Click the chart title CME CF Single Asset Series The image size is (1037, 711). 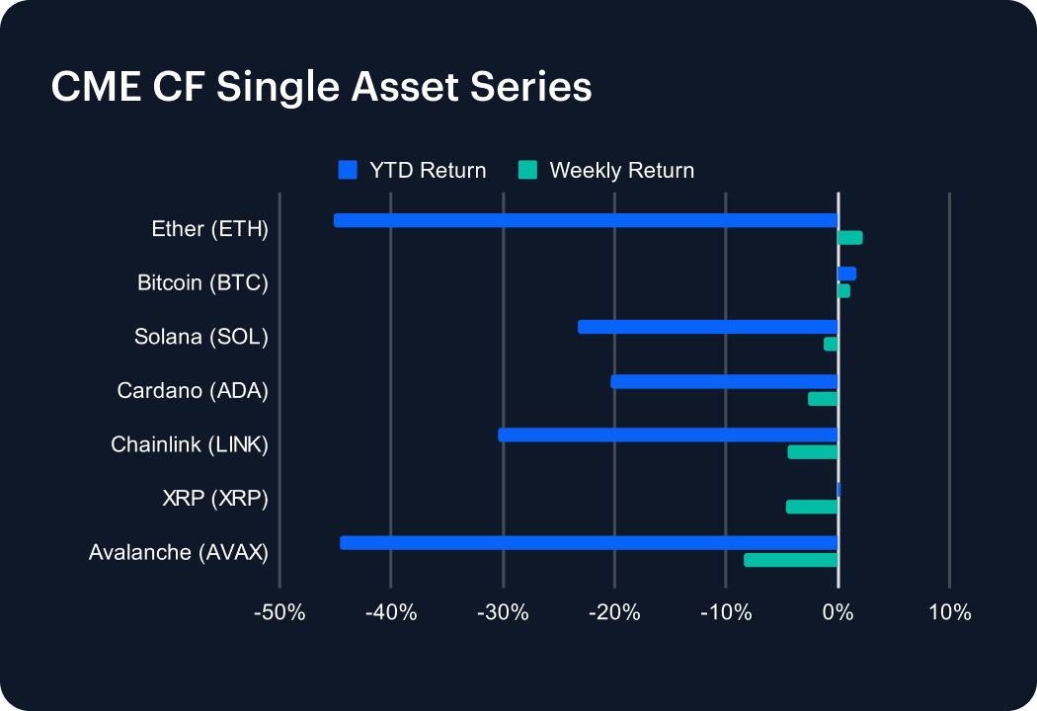coord(321,87)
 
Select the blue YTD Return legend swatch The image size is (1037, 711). coord(348,170)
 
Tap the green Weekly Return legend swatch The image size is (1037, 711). coord(527,170)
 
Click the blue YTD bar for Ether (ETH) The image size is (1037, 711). coord(586,220)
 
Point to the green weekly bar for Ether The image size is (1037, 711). coord(849,237)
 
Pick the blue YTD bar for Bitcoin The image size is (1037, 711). coord(846,274)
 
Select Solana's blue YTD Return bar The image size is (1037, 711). coord(707,327)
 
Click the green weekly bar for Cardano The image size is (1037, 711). coord(823,399)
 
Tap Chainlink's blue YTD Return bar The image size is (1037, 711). coord(668,434)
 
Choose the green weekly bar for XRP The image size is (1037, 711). coord(812,507)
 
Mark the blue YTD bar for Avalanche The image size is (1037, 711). coord(589,542)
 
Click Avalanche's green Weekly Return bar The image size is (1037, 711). coord(790,560)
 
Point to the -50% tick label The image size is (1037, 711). coord(279,612)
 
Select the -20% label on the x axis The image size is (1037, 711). coord(614,612)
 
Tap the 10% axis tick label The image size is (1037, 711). coord(949,612)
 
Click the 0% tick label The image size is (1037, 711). coord(838,612)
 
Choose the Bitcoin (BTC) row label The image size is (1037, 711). coord(202,283)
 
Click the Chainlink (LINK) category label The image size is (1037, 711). coord(190,445)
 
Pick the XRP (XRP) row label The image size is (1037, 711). coord(215,499)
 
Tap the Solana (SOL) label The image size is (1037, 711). coord(201,337)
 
